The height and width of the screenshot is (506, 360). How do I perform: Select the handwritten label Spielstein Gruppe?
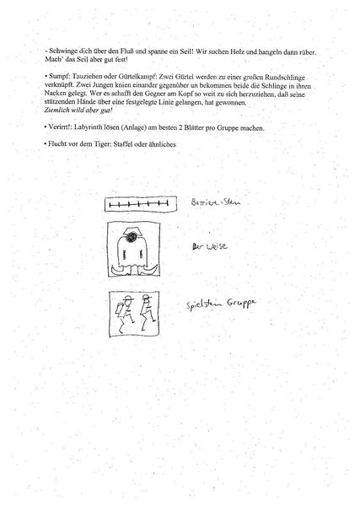pos(222,304)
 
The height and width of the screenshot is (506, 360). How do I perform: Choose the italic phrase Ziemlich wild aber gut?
pos(82,110)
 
